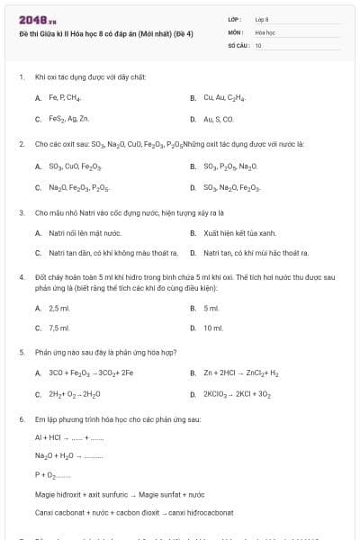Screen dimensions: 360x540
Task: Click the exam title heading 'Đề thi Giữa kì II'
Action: [100, 33]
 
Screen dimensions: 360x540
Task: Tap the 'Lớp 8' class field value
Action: [262, 19]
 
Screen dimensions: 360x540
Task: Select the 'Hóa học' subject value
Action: [265, 31]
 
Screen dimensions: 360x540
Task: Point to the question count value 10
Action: [258, 44]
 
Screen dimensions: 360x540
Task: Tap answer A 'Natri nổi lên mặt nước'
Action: [85, 233]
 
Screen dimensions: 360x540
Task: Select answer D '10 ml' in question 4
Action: [212, 328]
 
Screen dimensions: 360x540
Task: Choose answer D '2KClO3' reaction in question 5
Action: [239, 394]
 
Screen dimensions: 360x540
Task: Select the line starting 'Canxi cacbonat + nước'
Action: [134, 512]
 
